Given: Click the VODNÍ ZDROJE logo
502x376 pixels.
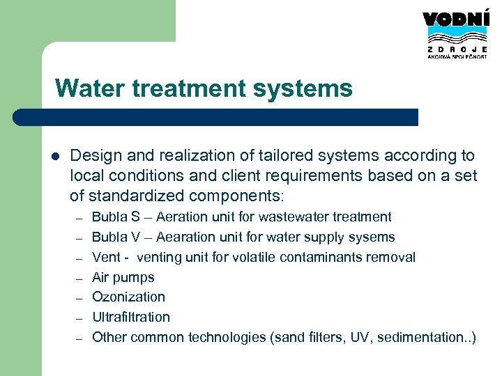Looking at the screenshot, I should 455,35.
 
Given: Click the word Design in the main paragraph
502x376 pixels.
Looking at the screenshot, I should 95,155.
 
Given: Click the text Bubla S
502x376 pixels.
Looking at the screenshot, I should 116,217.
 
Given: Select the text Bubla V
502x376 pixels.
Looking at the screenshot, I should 116,237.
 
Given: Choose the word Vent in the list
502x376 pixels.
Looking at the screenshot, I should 106,258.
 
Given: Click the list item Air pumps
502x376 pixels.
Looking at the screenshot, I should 123,277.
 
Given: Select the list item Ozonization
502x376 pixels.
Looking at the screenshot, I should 129,297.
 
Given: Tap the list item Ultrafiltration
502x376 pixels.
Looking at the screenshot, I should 131,318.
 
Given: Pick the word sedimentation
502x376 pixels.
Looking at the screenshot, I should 425,338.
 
